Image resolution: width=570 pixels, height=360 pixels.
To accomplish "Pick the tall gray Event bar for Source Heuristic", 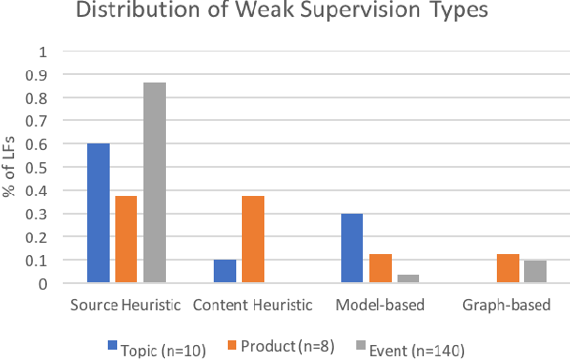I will pos(155,182).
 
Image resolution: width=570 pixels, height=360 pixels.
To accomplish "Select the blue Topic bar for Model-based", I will pos(352,247).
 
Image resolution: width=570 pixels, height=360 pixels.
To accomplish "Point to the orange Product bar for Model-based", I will pos(380,268).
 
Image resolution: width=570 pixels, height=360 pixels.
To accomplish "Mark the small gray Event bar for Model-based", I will pos(408,278).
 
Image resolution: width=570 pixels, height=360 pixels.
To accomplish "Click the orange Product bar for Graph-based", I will pos(506,268).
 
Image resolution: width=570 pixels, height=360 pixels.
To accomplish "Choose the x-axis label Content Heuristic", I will pos(253,306).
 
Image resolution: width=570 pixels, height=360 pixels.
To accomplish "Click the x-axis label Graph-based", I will pos(506,306).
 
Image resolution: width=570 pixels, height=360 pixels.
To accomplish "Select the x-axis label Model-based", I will pos(380,306).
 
